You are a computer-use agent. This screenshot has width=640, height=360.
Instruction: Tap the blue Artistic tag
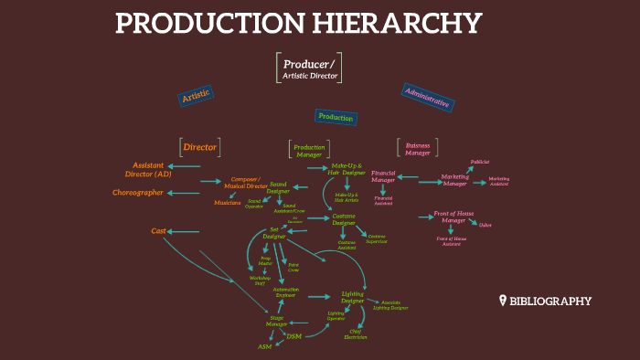(196, 95)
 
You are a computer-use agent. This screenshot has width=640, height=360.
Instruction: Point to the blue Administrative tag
(426, 97)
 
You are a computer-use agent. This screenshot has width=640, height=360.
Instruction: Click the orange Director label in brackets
(199, 146)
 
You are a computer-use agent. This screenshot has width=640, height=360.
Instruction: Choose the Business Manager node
(418, 149)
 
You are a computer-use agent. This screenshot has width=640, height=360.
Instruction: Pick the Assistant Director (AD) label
(147, 169)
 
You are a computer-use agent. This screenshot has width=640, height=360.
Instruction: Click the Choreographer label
(138, 193)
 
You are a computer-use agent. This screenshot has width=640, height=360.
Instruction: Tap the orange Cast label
(158, 231)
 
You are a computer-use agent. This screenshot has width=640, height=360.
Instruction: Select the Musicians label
(228, 202)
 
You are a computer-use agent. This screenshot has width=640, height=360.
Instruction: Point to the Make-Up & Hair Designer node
(347, 169)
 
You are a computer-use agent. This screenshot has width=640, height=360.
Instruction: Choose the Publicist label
(480, 162)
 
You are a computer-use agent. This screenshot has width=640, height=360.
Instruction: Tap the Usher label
(485, 225)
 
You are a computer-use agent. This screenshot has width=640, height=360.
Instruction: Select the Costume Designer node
(344, 219)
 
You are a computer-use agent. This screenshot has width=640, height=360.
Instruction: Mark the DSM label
(293, 336)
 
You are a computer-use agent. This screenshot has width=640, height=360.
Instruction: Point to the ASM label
(265, 347)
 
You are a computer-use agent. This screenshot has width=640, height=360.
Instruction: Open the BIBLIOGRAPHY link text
(550, 301)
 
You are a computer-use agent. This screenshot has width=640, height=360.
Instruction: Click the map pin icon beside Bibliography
(502, 301)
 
